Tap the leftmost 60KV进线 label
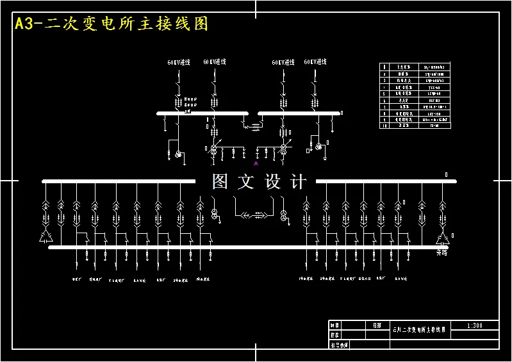click(179, 63)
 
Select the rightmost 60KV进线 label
click(315, 62)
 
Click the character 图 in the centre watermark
click(220, 182)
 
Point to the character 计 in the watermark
click(299, 182)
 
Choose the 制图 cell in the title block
click(334, 325)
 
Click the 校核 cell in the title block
click(334, 334)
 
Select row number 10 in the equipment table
click(384, 126)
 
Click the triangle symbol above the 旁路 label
click(442, 239)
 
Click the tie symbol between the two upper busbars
click(253, 127)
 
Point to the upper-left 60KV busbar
click(202, 113)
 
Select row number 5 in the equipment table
click(384, 94)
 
